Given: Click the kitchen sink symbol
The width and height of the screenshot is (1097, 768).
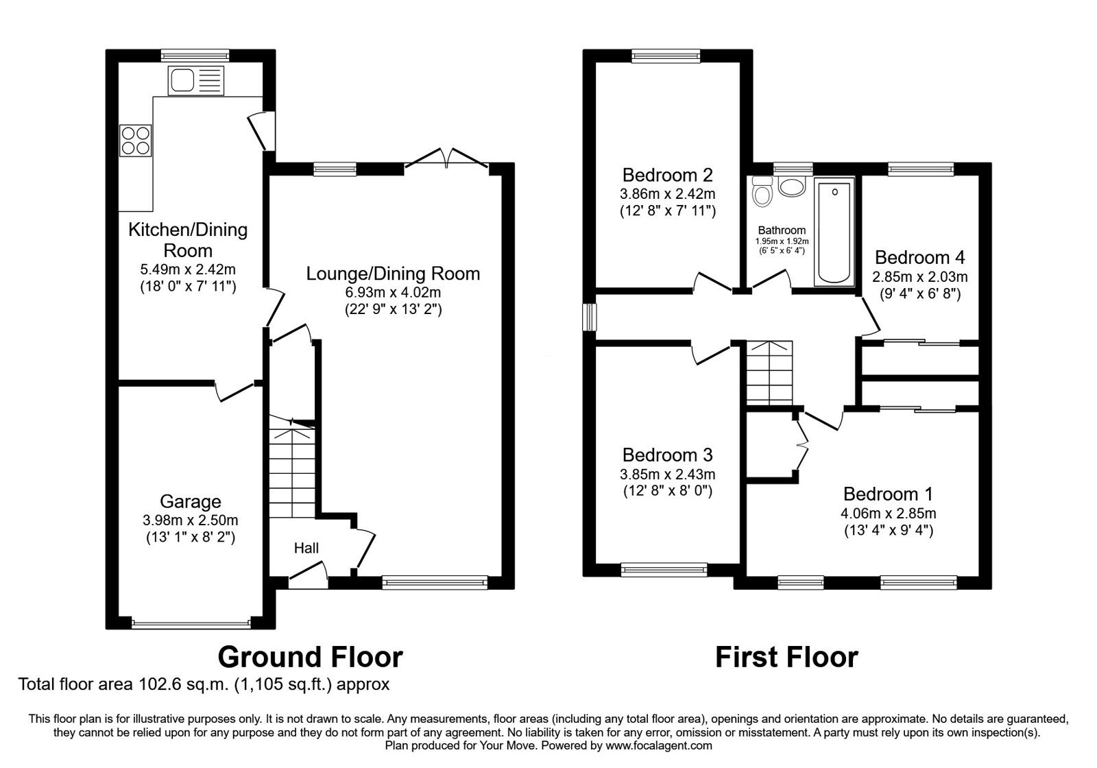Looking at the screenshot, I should [195, 80].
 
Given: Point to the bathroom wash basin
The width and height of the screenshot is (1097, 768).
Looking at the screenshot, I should [793, 187].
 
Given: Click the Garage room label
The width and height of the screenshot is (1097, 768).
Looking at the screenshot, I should [191, 501].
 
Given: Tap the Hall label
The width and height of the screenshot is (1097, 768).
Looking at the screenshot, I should [306, 548].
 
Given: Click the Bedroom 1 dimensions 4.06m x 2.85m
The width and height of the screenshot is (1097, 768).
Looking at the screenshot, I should [888, 514].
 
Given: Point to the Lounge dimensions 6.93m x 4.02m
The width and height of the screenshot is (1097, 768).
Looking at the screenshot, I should [393, 293].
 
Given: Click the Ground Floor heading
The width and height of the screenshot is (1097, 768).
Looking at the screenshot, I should [310, 657].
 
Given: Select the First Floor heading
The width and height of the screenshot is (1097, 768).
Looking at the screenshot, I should [786, 657].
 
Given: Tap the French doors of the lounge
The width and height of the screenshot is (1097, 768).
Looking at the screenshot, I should [446, 158].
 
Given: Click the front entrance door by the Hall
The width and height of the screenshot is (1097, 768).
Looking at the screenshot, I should [306, 574].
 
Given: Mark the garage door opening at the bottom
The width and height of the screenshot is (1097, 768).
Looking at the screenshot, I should [191, 623].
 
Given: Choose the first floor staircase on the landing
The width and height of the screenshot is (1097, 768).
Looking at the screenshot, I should [769, 372].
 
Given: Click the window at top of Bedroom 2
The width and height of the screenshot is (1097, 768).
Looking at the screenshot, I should [665, 56].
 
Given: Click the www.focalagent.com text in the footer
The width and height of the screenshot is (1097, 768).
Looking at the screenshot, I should [659, 745].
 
